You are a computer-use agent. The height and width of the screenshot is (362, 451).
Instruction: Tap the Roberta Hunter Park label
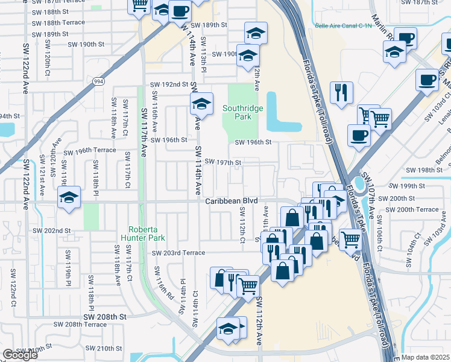coord(147,233)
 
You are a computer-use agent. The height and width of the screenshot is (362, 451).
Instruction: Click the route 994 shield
coord(97,80)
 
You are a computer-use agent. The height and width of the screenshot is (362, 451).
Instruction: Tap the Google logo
coord(20,354)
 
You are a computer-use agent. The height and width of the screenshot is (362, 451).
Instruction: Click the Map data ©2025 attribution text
coord(424,357)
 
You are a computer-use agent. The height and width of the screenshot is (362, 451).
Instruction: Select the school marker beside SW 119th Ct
coord(69,197)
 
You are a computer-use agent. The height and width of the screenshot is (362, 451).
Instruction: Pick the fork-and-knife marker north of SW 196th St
coord(341,92)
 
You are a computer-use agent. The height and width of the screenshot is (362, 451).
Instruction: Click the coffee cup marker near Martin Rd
coord(406,39)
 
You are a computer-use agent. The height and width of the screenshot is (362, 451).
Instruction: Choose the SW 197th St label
coord(222,162)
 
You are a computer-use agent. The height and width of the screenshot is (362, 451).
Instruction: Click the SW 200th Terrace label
coord(412,209)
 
